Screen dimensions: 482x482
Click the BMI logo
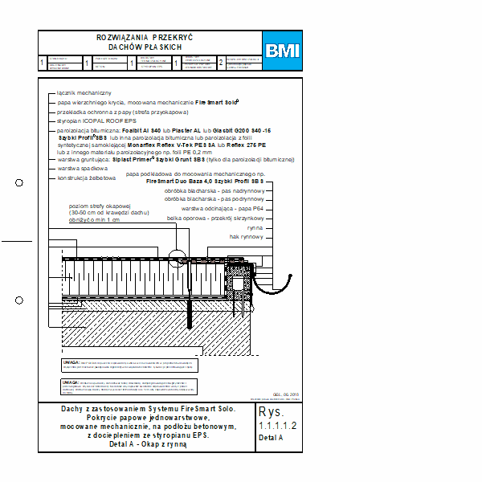click(x=282, y=51)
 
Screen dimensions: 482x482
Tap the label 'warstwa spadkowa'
click(x=83, y=169)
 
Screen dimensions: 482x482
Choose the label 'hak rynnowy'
click(x=246, y=237)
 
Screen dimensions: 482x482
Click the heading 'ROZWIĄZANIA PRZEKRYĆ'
click(x=145, y=38)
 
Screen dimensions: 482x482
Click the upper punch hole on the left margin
click(x=20, y=183)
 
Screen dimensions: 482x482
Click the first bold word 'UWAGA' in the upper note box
click(x=71, y=362)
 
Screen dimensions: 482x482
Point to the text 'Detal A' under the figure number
click(x=272, y=439)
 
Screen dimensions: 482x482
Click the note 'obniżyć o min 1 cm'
click(x=94, y=219)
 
